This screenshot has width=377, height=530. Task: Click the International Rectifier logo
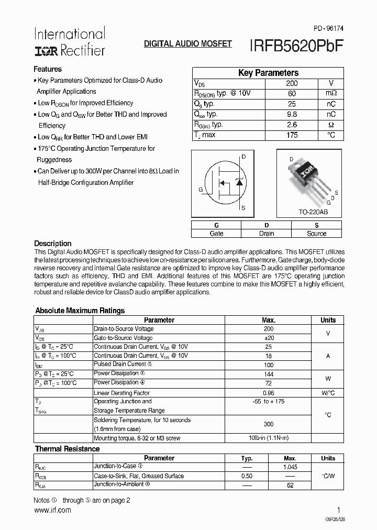click(69, 42)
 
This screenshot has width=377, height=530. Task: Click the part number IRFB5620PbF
click(293, 45)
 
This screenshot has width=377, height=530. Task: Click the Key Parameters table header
click(268, 73)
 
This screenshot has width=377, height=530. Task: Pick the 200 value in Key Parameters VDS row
click(292, 83)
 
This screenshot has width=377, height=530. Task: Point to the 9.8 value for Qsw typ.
click(292, 114)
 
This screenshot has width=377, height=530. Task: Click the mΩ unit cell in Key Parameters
click(331, 94)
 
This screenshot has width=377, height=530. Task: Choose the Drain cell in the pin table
click(266, 234)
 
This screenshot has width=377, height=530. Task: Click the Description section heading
click(53, 244)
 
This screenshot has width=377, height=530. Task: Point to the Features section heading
click(48, 69)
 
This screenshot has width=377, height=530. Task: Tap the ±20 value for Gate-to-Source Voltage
click(269, 338)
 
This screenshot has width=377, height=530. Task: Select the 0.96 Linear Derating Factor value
click(269, 392)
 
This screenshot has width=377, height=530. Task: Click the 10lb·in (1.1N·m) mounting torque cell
click(269, 438)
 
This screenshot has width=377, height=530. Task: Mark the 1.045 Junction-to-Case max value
click(290, 467)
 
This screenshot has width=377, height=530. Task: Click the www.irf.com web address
click(52, 510)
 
